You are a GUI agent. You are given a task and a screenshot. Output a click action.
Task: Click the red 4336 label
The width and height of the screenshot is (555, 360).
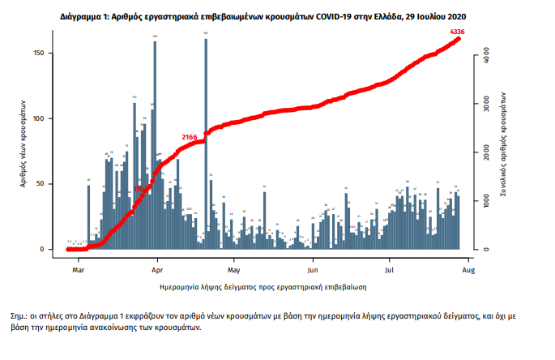point(458,32)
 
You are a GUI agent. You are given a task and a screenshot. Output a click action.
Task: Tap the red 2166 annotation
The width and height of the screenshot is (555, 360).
point(190,137)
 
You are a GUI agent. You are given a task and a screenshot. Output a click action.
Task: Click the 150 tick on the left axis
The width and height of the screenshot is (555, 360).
point(49,54)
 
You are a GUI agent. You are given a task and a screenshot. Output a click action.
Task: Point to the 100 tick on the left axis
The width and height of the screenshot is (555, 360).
point(49,119)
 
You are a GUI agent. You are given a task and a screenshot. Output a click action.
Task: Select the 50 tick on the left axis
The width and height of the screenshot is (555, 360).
point(50,184)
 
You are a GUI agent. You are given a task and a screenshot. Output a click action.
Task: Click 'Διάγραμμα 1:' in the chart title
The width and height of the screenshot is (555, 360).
point(87,15)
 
